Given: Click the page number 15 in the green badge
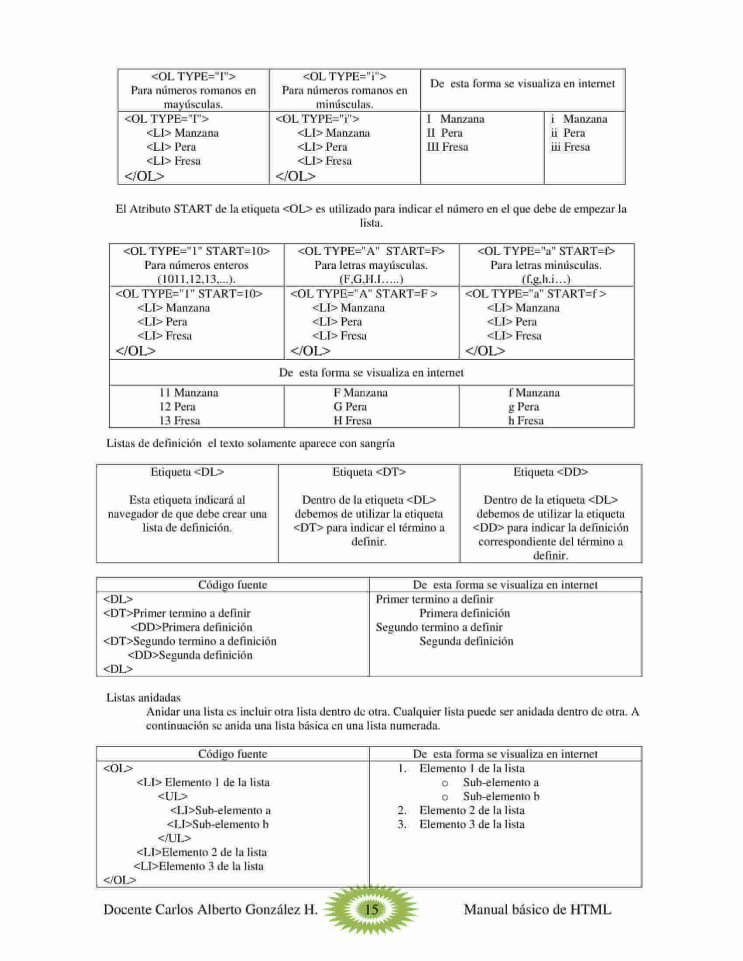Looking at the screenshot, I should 371,909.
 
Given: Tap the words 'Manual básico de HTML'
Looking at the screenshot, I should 537,909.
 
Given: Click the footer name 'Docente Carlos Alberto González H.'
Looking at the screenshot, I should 210,909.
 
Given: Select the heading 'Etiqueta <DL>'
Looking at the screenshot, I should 187,472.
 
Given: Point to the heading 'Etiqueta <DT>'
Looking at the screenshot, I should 369,472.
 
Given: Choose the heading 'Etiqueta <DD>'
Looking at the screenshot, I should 550,472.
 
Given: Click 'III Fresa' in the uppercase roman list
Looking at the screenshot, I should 447,147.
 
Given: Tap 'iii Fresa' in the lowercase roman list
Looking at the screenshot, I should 570,147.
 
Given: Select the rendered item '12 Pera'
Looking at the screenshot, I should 177,406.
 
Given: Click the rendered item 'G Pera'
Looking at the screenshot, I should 350,406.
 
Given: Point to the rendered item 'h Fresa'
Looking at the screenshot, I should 526,420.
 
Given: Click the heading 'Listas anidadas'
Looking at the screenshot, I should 143,698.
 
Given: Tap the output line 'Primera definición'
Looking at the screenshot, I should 464,613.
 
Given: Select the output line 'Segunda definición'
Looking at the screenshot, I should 466,641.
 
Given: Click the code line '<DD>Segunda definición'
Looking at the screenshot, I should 190,655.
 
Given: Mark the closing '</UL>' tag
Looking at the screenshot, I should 174,838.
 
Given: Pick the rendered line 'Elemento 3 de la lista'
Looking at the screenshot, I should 471,824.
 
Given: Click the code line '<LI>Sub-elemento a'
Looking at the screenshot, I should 220,810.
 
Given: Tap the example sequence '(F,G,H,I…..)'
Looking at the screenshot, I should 371,279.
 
